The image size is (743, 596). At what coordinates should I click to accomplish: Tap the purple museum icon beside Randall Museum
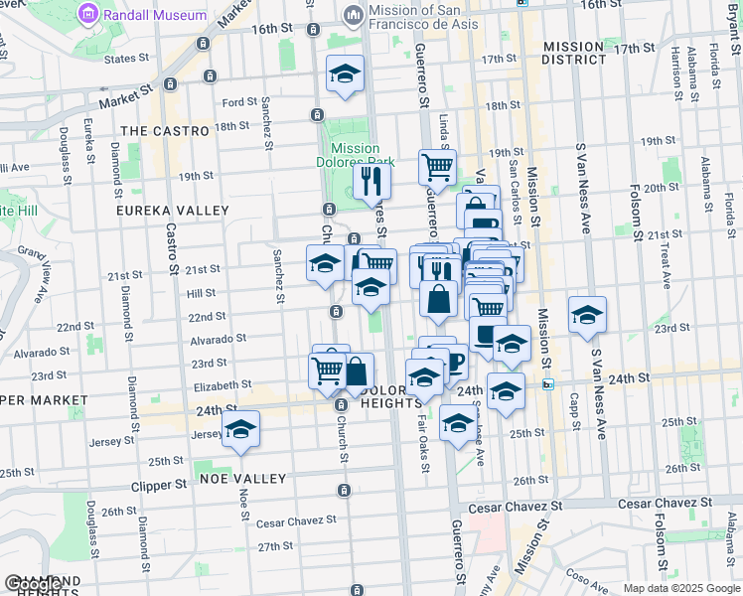[x=91, y=15]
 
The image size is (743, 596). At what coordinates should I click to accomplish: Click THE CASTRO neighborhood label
[x=165, y=131]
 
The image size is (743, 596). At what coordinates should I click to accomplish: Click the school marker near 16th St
[x=345, y=74]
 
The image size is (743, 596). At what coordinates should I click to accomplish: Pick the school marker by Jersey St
[x=240, y=429]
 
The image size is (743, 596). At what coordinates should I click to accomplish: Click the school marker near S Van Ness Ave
[x=587, y=314]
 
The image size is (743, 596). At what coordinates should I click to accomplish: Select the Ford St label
[x=239, y=102]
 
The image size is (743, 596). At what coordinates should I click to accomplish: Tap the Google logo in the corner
[x=30, y=584]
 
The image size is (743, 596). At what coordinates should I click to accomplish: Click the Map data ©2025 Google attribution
[x=680, y=588]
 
